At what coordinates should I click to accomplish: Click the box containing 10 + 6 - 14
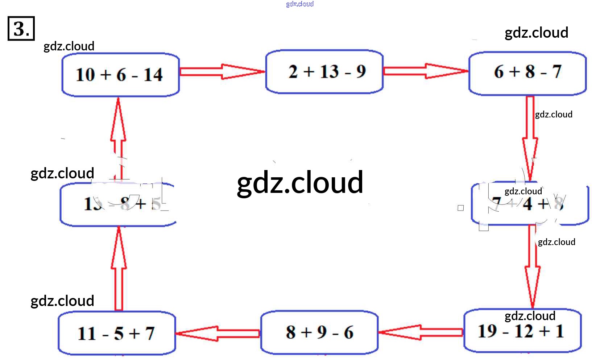(x=120, y=75)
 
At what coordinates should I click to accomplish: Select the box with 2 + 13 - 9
(x=324, y=72)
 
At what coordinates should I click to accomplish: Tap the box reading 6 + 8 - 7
(x=527, y=74)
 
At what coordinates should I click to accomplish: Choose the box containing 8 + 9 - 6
(x=319, y=332)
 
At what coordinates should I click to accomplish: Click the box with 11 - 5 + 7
(x=117, y=333)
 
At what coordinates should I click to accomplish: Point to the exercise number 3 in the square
(x=21, y=28)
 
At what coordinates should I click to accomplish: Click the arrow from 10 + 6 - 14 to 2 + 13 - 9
(x=222, y=71)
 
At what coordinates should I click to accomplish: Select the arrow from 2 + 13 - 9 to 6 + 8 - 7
(x=426, y=71)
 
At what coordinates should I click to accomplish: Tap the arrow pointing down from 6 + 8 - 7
(x=530, y=138)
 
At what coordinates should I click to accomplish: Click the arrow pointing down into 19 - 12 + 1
(x=532, y=266)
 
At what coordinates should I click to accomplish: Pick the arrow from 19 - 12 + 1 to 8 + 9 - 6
(x=421, y=332)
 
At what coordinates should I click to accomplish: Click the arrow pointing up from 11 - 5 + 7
(x=119, y=268)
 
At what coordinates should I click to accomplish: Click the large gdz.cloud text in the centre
(x=300, y=183)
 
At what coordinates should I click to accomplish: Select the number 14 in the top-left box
(x=153, y=75)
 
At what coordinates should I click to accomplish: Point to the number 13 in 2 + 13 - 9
(x=329, y=71)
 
